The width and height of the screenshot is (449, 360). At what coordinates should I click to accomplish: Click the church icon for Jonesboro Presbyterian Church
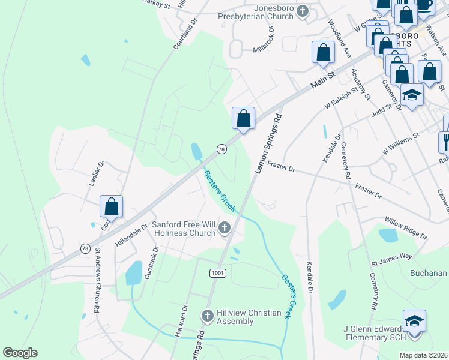(303, 11)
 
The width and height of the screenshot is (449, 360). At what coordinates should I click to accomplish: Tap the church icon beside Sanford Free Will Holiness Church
(224, 227)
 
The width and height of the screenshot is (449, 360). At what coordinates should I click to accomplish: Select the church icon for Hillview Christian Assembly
(207, 316)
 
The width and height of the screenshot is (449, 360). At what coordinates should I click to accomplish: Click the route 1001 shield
(218, 273)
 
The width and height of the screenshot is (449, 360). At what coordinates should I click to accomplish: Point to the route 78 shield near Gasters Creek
(221, 149)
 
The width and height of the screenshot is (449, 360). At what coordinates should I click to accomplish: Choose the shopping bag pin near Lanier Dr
(111, 206)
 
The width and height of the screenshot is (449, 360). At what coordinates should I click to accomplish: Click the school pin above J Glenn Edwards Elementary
(414, 320)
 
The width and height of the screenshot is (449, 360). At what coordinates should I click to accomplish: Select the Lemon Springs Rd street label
(268, 143)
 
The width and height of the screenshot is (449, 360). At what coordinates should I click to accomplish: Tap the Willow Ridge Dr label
(405, 228)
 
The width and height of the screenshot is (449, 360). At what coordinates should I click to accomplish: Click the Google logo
(20, 352)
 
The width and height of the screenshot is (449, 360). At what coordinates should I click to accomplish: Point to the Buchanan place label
(429, 273)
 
